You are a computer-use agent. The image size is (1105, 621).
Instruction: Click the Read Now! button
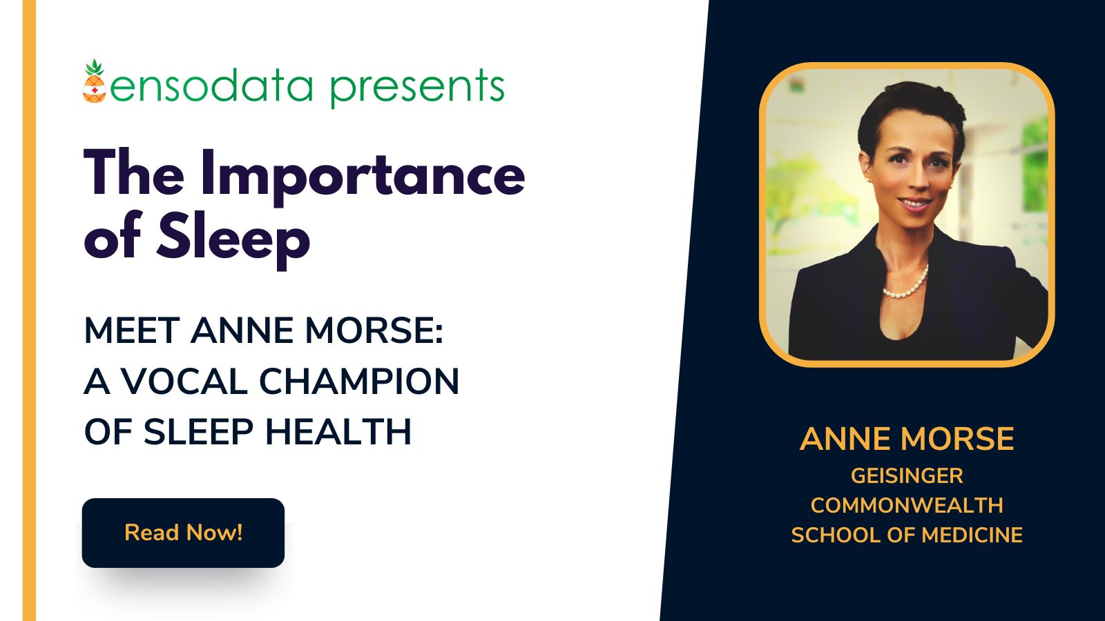click(183, 533)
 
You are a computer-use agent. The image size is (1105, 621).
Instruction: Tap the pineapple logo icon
click(95, 82)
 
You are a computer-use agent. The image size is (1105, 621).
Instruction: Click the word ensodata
click(211, 87)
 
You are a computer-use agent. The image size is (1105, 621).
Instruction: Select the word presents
click(416, 88)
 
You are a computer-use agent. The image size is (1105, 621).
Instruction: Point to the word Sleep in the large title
click(233, 238)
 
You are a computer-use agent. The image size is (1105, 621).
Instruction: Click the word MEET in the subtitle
click(132, 331)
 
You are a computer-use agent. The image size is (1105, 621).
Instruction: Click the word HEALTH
click(338, 432)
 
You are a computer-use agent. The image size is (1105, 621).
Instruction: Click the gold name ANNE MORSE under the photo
click(907, 439)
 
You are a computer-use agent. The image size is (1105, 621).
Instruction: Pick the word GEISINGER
click(907, 475)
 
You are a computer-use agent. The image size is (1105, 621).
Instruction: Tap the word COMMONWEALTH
click(907, 505)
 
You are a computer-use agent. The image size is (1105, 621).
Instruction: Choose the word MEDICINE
click(972, 535)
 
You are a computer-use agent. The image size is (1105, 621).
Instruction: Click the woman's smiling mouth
click(914, 204)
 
